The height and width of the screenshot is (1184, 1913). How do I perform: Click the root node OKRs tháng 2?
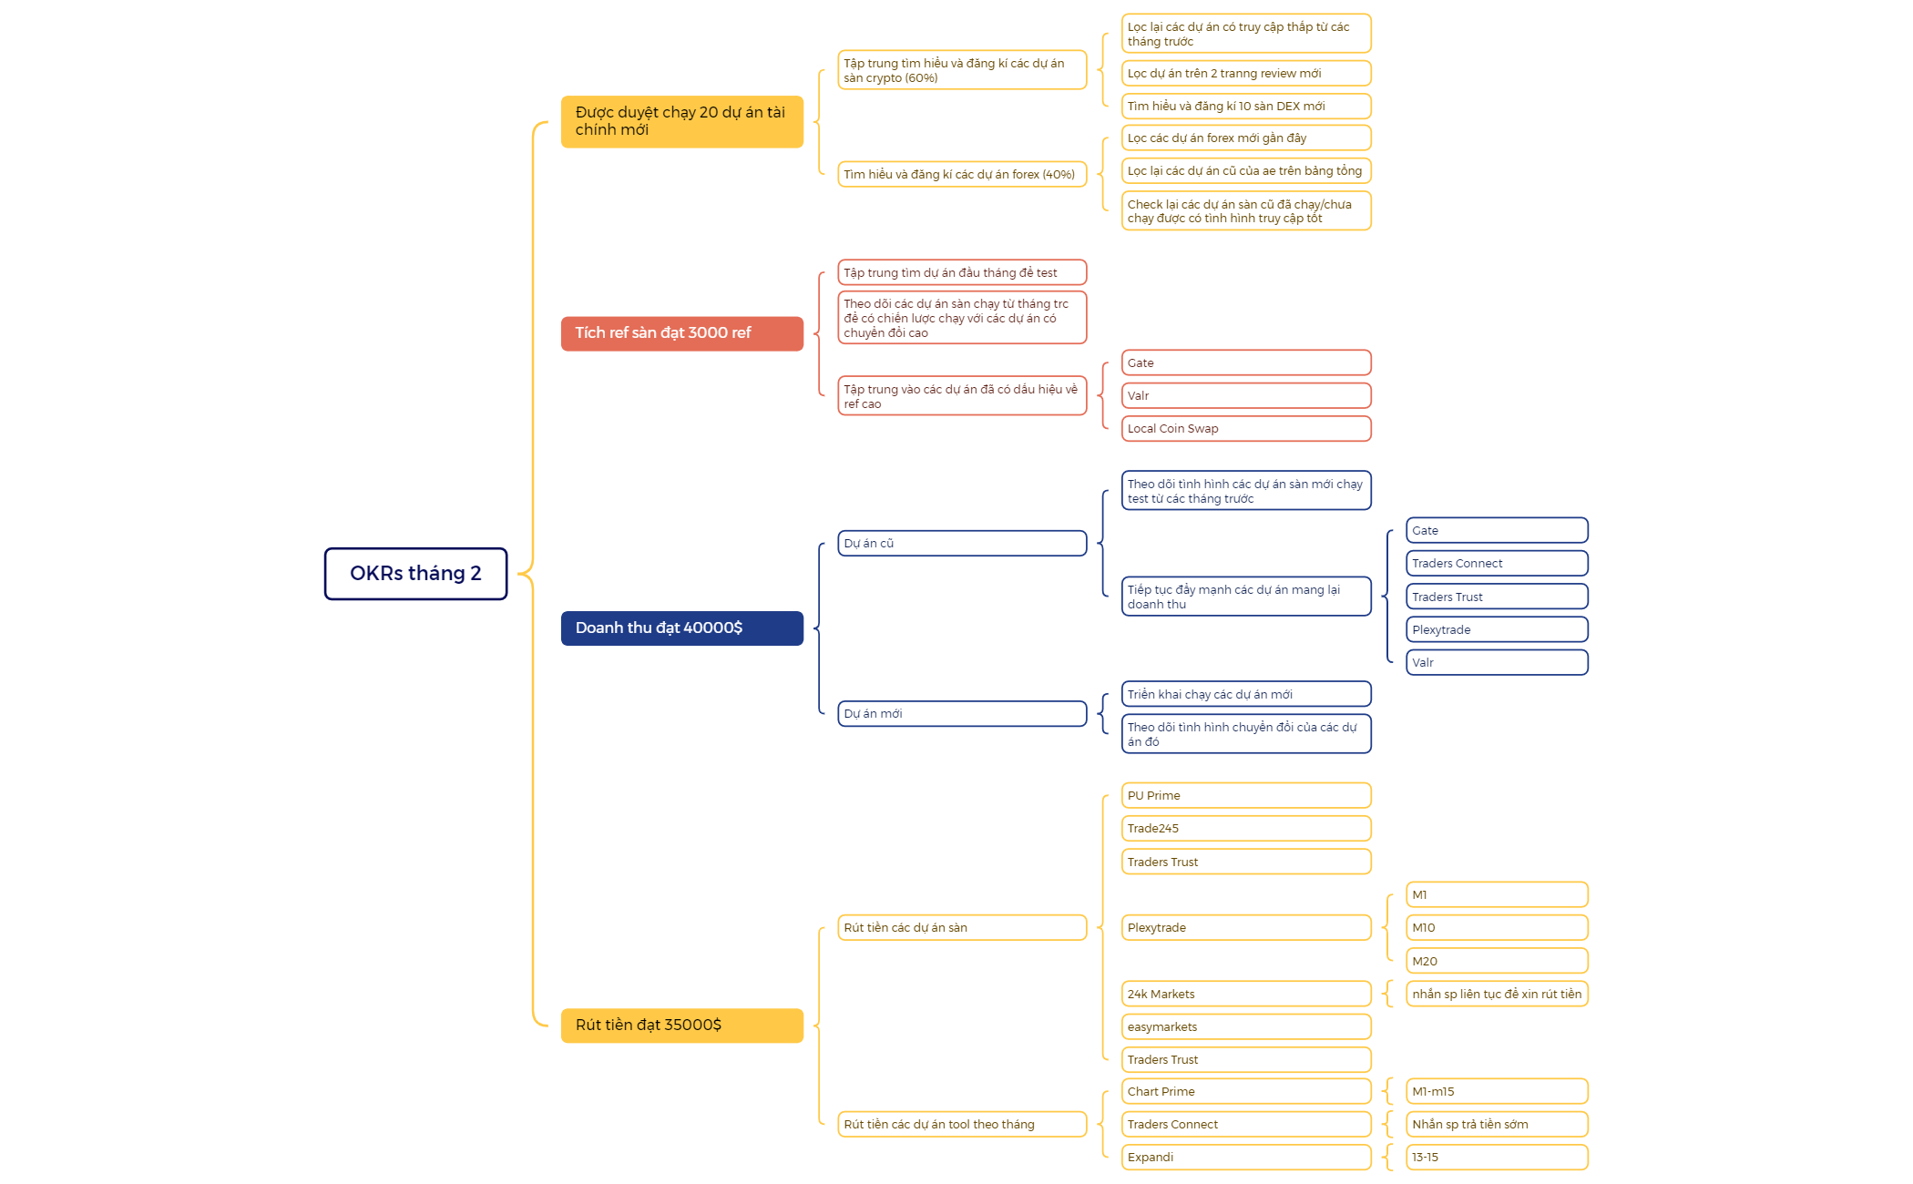[415, 574]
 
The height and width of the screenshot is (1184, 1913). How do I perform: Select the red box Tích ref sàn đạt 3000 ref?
[682, 333]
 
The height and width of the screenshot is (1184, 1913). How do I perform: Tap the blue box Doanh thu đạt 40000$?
[682, 628]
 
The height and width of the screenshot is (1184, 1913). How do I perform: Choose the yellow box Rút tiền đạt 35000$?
[682, 1026]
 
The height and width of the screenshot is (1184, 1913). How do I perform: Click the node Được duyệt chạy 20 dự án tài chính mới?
[682, 121]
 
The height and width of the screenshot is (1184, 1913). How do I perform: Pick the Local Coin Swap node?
[1246, 429]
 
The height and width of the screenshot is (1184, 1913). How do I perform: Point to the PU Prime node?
[1246, 796]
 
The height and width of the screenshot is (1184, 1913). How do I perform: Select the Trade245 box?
[1246, 829]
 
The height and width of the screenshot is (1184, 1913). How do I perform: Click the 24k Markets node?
[1246, 995]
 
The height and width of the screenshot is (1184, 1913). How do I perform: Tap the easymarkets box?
[1246, 1027]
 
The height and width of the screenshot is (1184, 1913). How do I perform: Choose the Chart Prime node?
[1246, 1092]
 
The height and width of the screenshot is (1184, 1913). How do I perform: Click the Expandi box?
[1246, 1158]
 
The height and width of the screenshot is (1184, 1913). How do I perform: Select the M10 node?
[1497, 928]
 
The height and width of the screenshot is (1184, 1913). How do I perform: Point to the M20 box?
[1497, 962]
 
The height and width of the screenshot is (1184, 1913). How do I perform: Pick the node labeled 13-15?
[1497, 1158]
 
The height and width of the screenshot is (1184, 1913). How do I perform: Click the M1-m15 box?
[1497, 1092]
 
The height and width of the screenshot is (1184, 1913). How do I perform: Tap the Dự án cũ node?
[962, 544]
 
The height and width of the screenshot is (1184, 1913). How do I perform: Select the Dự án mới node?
[962, 714]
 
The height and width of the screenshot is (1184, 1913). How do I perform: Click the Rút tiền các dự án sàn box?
[962, 928]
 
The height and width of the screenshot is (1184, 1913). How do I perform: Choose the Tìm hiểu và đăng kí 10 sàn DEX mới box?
[1246, 107]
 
